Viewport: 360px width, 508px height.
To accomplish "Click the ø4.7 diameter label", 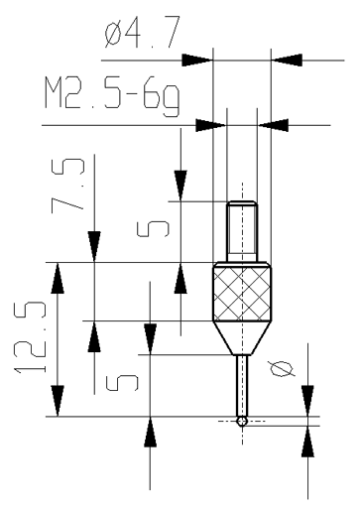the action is [142, 32].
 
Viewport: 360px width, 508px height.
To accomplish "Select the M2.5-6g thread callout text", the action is [112, 96].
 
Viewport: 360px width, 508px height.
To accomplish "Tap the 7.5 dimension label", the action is [67, 185].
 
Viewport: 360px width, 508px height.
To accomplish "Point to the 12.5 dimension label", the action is [30, 337].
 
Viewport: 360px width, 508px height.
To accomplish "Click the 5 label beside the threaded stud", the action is [153, 229].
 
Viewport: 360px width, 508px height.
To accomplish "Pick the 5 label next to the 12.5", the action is [121, 383].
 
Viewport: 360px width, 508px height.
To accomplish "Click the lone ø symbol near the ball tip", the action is [282, 369].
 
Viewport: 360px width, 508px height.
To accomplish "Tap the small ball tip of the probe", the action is [242, 421].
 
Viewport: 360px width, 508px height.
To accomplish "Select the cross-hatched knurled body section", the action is [242, 294].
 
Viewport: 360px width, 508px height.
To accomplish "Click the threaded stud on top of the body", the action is [242, 231].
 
